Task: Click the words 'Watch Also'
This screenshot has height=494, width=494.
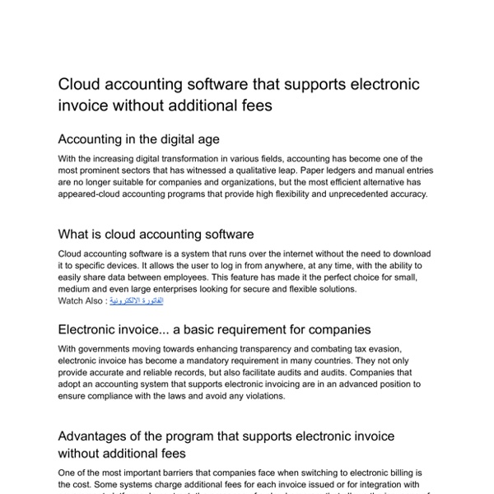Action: [82, 301]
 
